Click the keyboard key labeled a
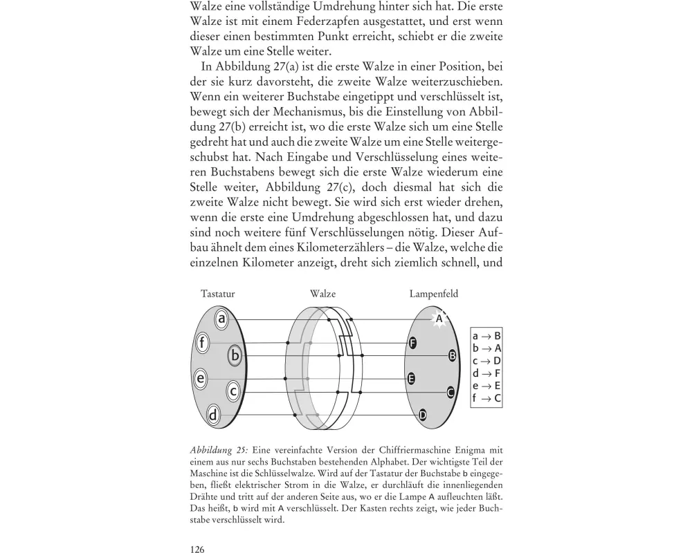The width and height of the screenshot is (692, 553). [221, 319]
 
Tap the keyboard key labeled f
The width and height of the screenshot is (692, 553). [202, 343]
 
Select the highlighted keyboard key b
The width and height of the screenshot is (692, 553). [235, 356]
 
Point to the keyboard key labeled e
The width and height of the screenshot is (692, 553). [201, 379]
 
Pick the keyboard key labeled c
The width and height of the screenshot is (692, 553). [234, 391]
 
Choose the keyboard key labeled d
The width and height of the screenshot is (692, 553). [214, 415]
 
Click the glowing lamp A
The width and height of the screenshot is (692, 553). [438, 319]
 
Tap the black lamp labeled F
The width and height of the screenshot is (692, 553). [413, 343]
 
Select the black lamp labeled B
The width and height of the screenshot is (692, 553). [453, 355]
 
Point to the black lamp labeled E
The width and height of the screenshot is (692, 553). [412, 379]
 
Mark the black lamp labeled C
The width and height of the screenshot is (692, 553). [450, 392]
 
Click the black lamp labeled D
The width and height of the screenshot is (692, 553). [423, 415]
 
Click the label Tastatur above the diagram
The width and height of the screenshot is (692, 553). [217, 294]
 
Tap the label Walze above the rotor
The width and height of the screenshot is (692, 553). [322, 294]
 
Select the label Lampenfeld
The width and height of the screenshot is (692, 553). [433, 294]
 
